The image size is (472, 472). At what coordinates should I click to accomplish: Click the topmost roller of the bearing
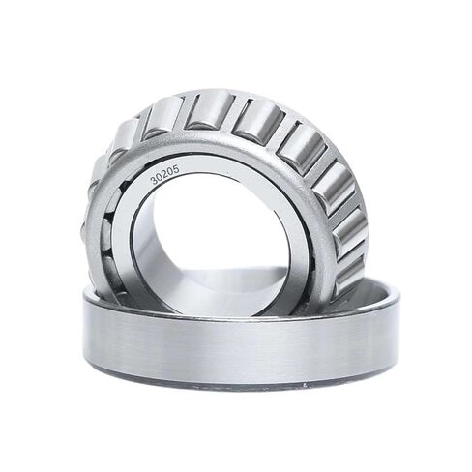211,108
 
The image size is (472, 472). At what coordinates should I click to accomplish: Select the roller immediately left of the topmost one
164,115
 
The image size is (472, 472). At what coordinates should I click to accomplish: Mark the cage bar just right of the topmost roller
234,111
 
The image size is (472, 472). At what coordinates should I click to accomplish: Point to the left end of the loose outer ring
87,329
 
